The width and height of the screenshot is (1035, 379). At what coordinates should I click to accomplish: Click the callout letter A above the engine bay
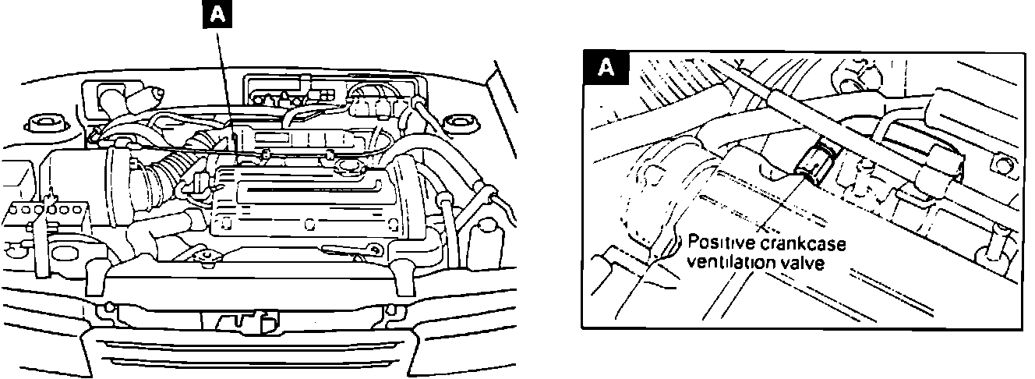[x=217, y=16]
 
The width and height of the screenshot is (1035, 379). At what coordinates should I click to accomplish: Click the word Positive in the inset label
[x=713, y=244]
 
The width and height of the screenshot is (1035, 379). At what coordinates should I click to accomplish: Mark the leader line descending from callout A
[x=225, y=86]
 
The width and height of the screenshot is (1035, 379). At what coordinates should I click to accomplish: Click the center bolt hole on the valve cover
[x=309, y=225]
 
